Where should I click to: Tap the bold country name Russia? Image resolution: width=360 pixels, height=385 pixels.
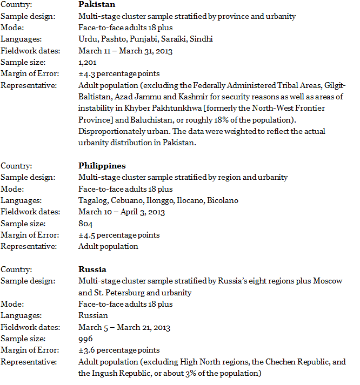(92, 269)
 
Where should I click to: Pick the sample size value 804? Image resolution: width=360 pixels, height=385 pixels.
(85, 224)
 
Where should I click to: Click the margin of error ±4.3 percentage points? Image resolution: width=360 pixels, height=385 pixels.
(119, 73)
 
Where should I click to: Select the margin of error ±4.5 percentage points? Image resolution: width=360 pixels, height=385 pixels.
(119, 235)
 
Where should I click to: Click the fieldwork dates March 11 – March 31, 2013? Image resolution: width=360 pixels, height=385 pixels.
(124, 51)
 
